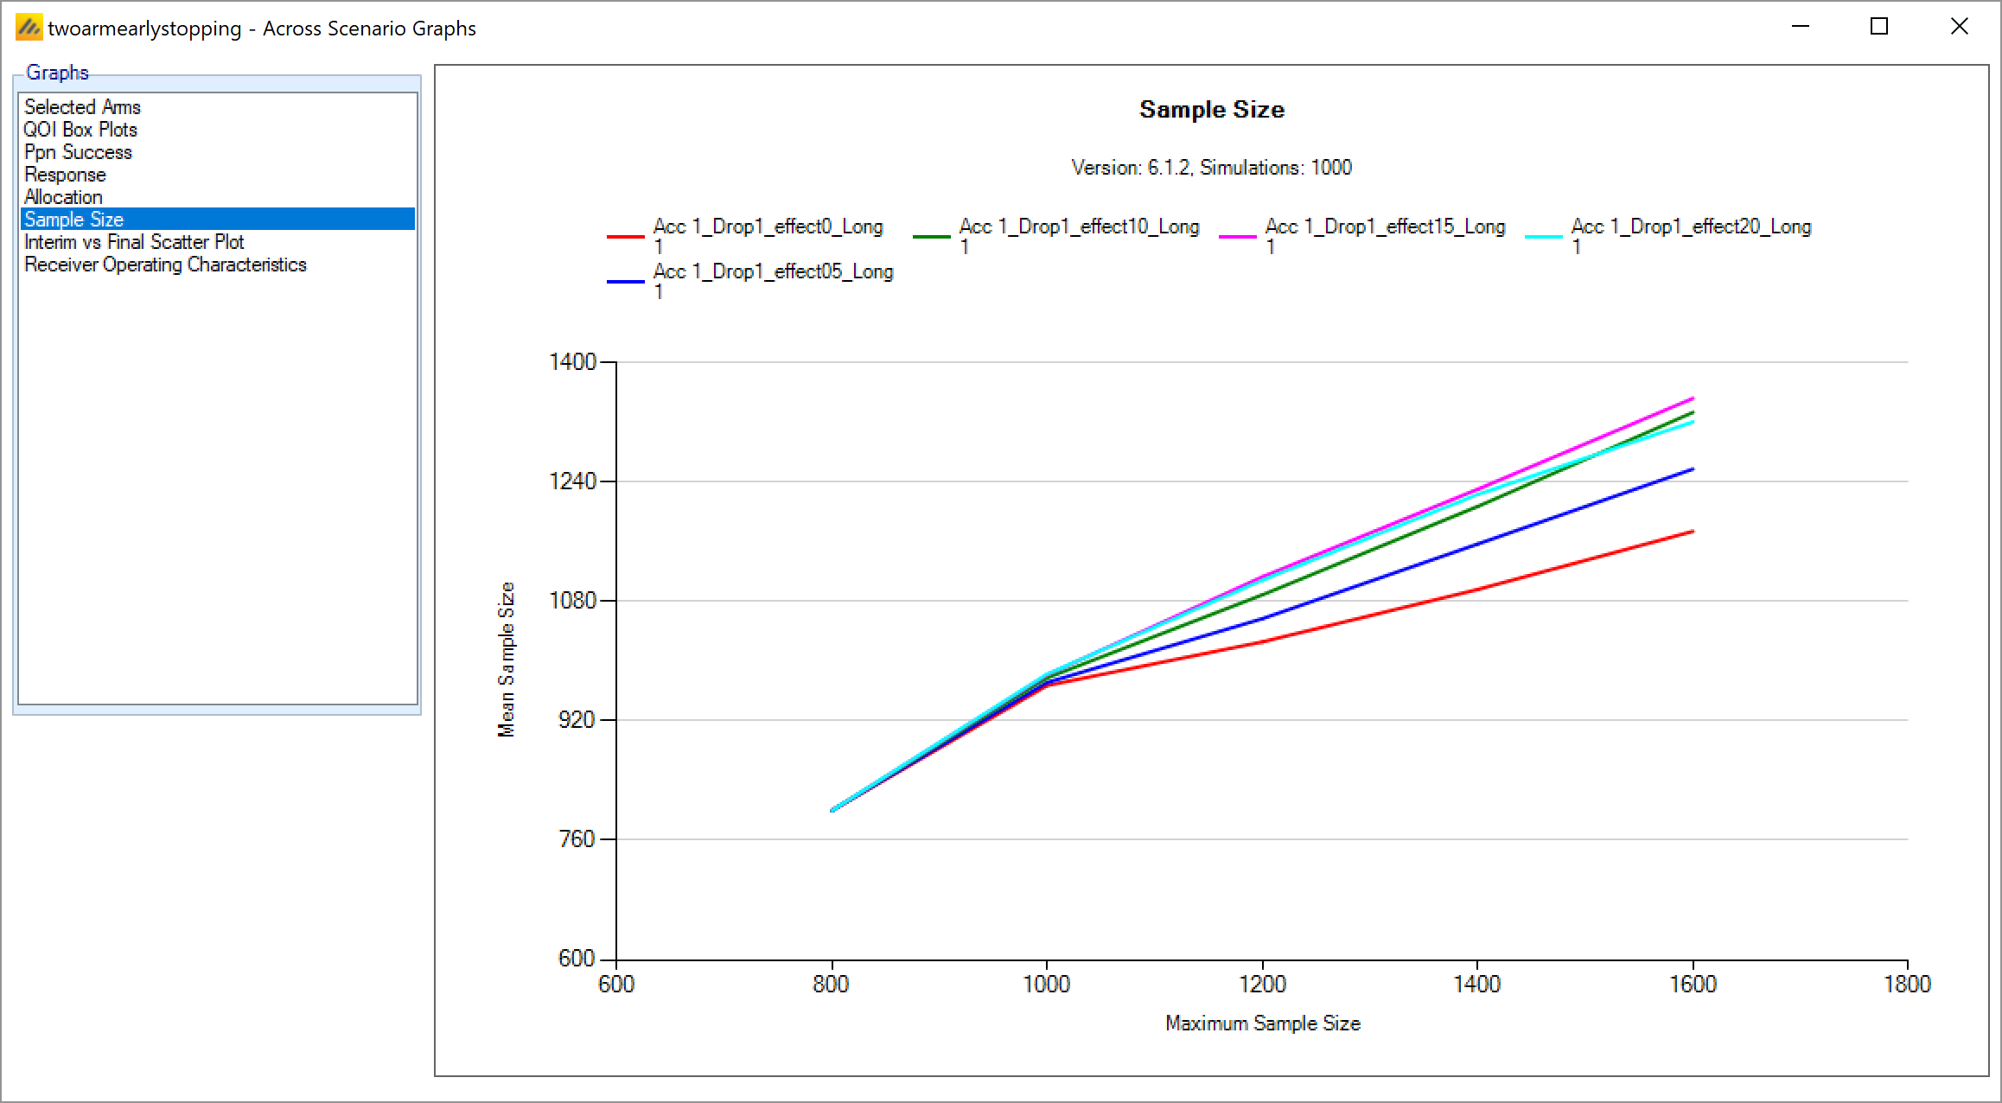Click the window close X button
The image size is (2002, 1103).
[x=1960, y=27]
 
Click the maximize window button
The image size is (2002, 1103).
[x=1878, y=27]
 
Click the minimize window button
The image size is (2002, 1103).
[x=1801, y=27]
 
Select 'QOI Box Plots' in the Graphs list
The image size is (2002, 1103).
[x=80, y=130]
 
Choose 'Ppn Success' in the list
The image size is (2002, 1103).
[x=78, y=152]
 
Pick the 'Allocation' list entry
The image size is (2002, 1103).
[x=63, y=197]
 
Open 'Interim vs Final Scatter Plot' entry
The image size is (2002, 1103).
[x=134, y=242]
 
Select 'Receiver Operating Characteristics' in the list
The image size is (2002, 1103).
[x=165, y=265]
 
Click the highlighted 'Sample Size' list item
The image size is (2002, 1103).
[x=74, y=220]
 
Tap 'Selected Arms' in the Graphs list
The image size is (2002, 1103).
[x=82, y=107]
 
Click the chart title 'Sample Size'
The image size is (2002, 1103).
[x=1211, y=110]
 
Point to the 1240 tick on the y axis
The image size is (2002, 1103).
[x=573, y=481]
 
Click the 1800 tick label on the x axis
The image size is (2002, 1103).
[x=1907, y=985]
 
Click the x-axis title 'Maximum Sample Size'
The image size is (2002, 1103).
[x=1262, y=1023]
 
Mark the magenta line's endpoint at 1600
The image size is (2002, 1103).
[x=1693, y=398]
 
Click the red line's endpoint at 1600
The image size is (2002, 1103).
[x=1693, y=532]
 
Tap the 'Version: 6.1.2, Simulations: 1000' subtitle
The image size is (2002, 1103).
[x=1211, y=168]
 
